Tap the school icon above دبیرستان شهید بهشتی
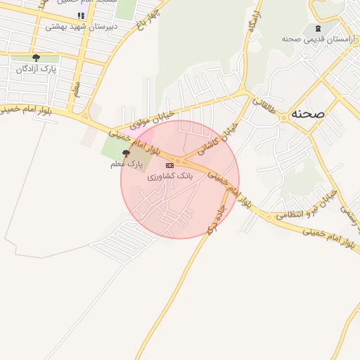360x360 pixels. (x=81, y=15)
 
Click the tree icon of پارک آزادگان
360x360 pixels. (x=36, y=58)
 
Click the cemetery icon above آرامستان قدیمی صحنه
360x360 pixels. (x=318, y=28)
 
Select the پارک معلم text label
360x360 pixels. (x=127, y=164)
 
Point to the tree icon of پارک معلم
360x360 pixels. (x=127, y=153)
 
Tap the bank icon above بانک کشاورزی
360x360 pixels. (x=169, y=165)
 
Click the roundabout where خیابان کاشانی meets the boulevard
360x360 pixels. (x=182, y=160)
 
